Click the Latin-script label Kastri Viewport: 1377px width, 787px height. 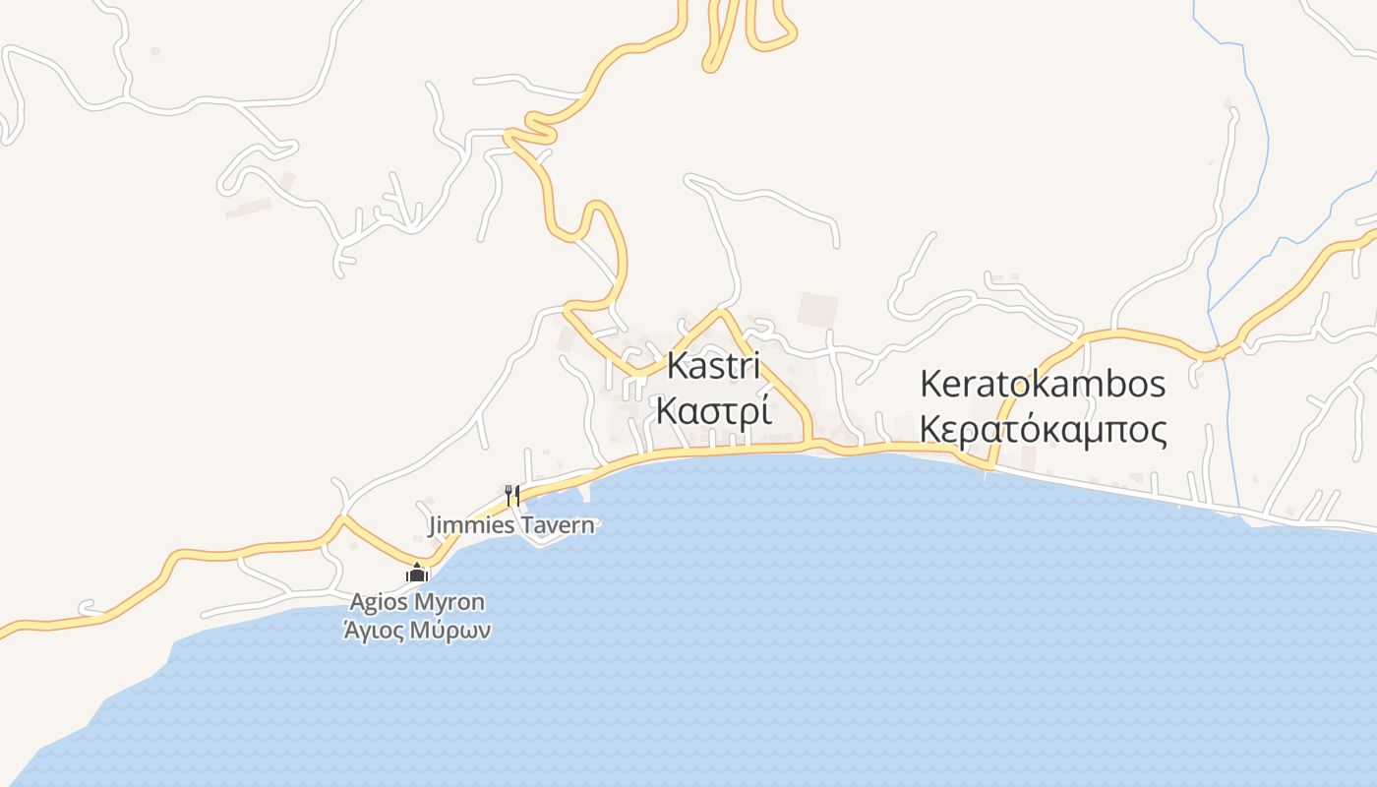coord(713,366)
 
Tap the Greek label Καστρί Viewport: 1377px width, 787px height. coord(713,410)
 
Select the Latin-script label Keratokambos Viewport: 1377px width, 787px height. coord(1043,385)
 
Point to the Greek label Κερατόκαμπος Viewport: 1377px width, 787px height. coord(1043,430)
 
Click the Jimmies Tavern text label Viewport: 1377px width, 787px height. coord(511,524)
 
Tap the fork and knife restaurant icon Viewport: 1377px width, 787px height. coord(511,495)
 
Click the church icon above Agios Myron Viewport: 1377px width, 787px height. coord(417,573)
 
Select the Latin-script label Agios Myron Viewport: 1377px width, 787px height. coord(417,601)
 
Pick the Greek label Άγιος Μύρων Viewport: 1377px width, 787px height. coord(417,631)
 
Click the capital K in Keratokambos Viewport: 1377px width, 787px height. coord(930,385)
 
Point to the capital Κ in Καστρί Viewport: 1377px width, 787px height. coord(666,410)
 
